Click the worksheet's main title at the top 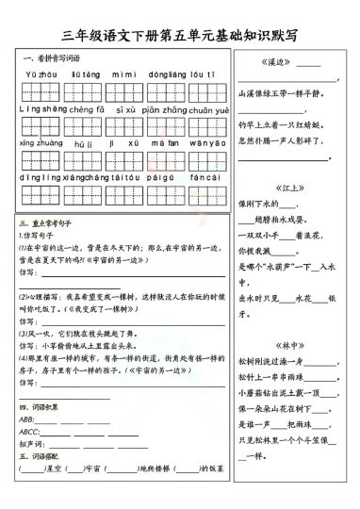pyautogui.click(x=179, y=37)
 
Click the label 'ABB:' pyautogui.click(x=26, y=419)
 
